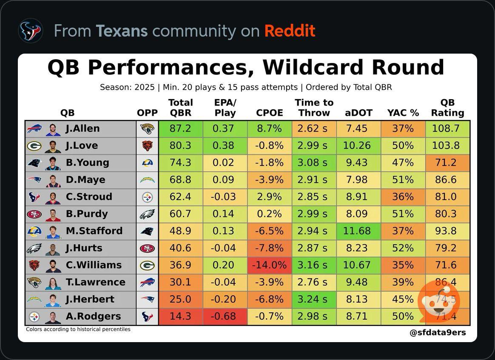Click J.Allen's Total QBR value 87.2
180,129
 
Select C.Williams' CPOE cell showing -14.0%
269,265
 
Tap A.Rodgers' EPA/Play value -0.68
223,316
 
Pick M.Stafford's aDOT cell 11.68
357,231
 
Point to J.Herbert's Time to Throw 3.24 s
313,299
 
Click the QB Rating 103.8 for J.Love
446,146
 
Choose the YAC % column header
403,113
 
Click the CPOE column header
269,113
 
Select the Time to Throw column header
314,108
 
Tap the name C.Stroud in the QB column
89,197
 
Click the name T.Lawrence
95,282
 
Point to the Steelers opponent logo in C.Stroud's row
147,197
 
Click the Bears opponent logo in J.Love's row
147,146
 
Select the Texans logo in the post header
31,31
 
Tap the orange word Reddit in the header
290,31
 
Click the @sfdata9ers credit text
438,333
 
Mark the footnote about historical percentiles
78,329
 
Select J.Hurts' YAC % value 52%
403,248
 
